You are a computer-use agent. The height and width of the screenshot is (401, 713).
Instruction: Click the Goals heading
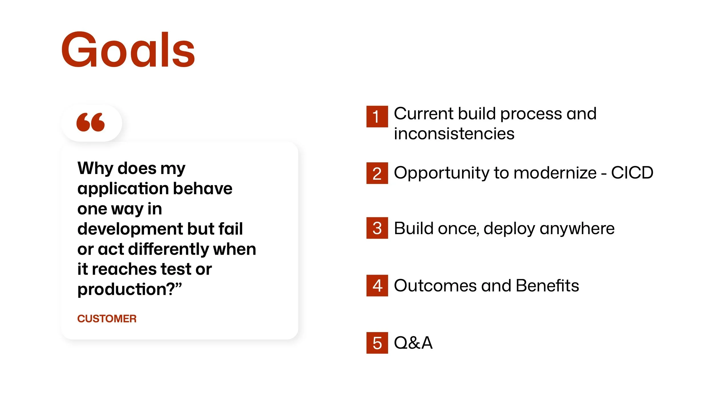tap(128, 50)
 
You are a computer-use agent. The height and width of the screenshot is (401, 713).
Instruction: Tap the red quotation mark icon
tap(91, 122)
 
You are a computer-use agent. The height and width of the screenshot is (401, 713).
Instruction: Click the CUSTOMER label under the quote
tap(107, 319)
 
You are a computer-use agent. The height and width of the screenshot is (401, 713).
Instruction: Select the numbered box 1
tap(377, 116)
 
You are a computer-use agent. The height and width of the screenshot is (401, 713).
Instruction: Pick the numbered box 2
tap(377, 173)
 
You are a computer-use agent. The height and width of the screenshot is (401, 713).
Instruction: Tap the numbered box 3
tap(377, 228)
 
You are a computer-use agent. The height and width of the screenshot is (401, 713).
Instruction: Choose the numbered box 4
tap(377, 285)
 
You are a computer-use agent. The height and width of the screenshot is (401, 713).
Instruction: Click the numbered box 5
tap(377, 343)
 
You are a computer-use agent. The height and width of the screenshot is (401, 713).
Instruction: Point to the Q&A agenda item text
tap(413, 343)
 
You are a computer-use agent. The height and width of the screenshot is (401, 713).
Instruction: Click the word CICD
tap(632, 173)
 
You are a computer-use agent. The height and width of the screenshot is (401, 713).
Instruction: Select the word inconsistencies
tap(454, 133)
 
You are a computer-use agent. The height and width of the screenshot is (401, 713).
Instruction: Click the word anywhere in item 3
tap(577, 229)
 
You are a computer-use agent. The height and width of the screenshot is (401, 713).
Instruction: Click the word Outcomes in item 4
tap(435, 285)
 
